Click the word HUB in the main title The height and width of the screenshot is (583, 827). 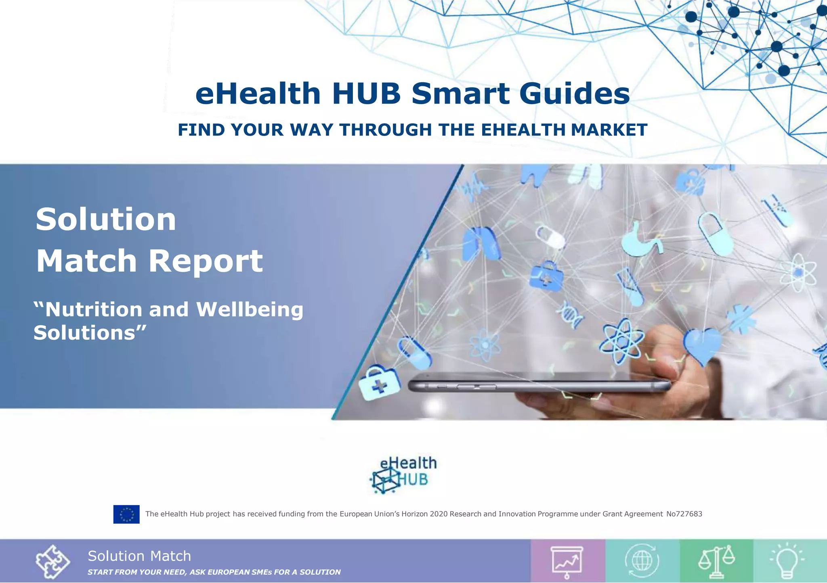click(x=366, y=94)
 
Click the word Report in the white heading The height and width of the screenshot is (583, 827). click(x=206, y=261)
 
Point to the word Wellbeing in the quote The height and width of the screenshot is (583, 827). click(x=250, y=309)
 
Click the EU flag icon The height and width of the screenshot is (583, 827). click(x=126, y=514)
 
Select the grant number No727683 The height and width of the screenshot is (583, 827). click(x=684, y=514)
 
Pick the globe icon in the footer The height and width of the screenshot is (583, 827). click(x=642, y=561)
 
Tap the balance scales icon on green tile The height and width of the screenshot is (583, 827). click(x=716, y=561)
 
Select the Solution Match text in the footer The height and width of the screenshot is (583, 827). click(x=139, y=556)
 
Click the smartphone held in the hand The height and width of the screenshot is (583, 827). click(x=537, y=385)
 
